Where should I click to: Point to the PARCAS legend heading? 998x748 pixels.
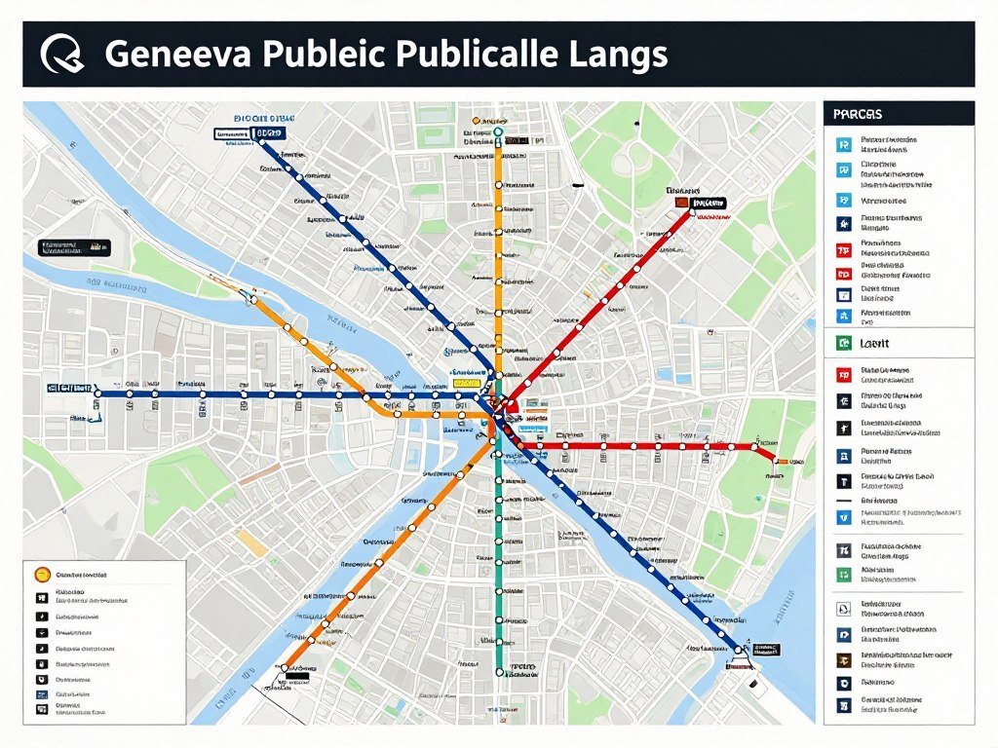[x=858, y=114]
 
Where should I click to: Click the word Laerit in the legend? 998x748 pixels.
[x=874, y=343]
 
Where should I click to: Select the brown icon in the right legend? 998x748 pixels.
[x=844, y=659]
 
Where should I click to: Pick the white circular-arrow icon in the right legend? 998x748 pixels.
[x=844, y=609]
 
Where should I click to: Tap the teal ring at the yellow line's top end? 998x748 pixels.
[x=498, y=131]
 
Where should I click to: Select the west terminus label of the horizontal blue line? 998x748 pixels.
[x=67, y=388]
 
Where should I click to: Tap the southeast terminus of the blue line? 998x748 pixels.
[x=741, y=648]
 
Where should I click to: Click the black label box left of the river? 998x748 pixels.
[x=74, y=247]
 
